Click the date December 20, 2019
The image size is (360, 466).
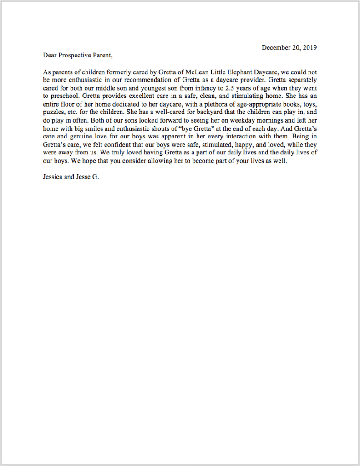[289, 48]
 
